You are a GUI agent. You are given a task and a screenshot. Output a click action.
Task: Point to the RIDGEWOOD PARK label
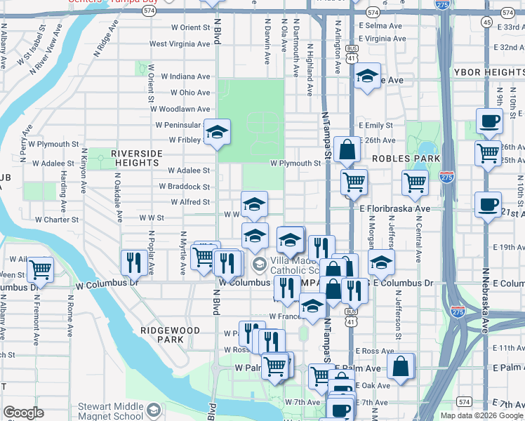(161, 334)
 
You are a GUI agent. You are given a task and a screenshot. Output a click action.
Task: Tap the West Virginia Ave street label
(180, 44)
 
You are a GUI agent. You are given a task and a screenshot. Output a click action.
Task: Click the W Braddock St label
(185, 187)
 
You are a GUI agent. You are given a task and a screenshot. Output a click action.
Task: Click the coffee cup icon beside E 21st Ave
(488, 204)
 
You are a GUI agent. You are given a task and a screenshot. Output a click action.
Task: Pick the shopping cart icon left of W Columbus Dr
(39, 269)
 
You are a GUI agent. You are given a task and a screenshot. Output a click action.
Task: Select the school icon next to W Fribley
(218, 133)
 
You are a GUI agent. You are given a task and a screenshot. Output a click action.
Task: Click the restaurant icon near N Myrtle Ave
(133, 262)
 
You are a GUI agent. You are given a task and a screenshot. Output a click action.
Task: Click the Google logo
(23, 413)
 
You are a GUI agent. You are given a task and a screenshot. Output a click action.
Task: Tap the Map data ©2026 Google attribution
(481, 415)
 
